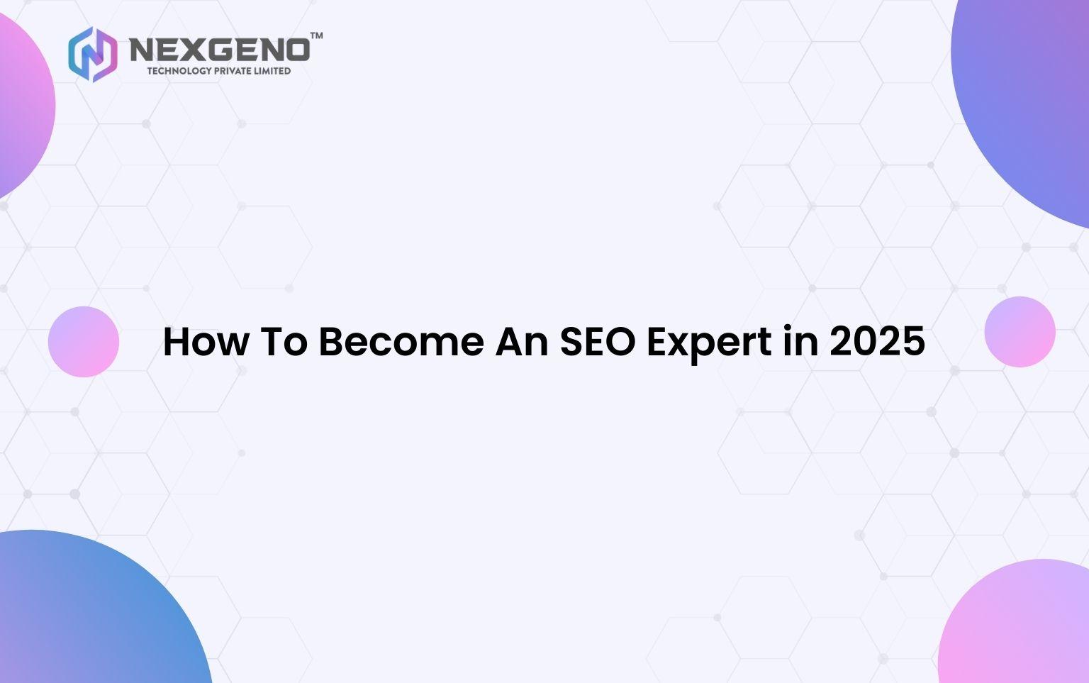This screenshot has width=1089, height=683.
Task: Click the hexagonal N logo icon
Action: (x=93, y=54)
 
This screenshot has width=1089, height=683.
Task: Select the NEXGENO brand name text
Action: (x=220, y=50)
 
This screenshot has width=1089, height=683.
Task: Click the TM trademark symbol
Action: (x=316, y=35)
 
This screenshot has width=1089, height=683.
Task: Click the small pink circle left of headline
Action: (x=84, y=341)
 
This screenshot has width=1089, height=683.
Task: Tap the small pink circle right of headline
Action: (x=1020, y=331)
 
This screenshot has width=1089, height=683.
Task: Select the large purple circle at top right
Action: (x=1028, y=106)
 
